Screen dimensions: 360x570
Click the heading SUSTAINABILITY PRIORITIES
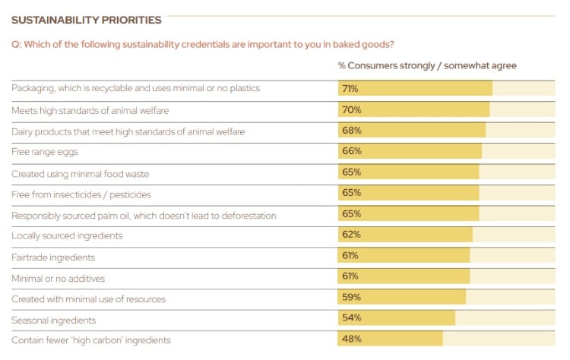pyautogui.click(x=86, y=20)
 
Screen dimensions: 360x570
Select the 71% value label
pyautogui.click(x=350, y=89)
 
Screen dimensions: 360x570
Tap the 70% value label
pyautogui.click(x=351, y=110)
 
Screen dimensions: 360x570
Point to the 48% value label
pyautogui.click(x=351, y=339)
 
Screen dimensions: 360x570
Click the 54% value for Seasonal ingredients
pyautogui.click(x=351, y=318)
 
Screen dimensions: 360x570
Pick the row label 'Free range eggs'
pyautogui.click(x=45, y=153)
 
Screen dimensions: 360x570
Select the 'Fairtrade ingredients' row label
pyautogui.click(x=53, y=257)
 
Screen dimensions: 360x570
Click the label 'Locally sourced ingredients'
pyautogui.click(x=67, y=236)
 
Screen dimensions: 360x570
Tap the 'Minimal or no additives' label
pyautogui.click(x=58, y=279)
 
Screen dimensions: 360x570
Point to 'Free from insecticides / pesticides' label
pyautogui.click(x=81, y=194)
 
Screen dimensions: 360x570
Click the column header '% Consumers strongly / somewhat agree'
pyautogui.click(x=427, y=66)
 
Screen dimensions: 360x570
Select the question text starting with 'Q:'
pyautogui.click(x=202, y=44)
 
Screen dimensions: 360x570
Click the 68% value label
pyautogui.click(x=351, y=131)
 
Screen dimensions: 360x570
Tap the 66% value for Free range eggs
pyautogui.click(x=351, y=152)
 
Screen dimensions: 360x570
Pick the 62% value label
pyautogui.click(x=351, y=235)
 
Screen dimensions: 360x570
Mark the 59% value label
pyautogui.click(x=351, y=298)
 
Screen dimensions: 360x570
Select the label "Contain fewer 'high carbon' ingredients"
pyautogui.click(x=91, y=340)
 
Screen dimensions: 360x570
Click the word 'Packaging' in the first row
pyautogui.click(x=32, y=89)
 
